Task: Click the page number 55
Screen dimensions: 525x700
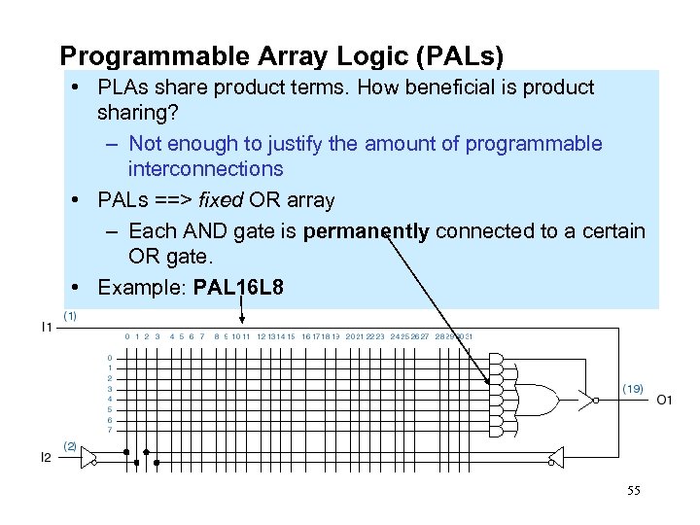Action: [634, 491]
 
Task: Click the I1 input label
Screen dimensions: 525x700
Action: [46, 329]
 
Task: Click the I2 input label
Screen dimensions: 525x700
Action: [46, 458]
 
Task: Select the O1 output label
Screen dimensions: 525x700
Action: [665, 400]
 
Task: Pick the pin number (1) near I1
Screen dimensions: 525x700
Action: [70, 315]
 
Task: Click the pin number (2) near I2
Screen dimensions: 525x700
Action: [70, 445]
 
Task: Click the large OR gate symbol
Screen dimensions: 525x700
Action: [540, 399]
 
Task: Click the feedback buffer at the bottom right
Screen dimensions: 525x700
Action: [554, 457]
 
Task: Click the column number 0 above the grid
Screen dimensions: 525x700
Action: [126, 337]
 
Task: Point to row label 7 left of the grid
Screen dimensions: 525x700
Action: [110, 430]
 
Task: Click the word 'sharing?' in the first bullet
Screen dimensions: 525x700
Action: [136, 113]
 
